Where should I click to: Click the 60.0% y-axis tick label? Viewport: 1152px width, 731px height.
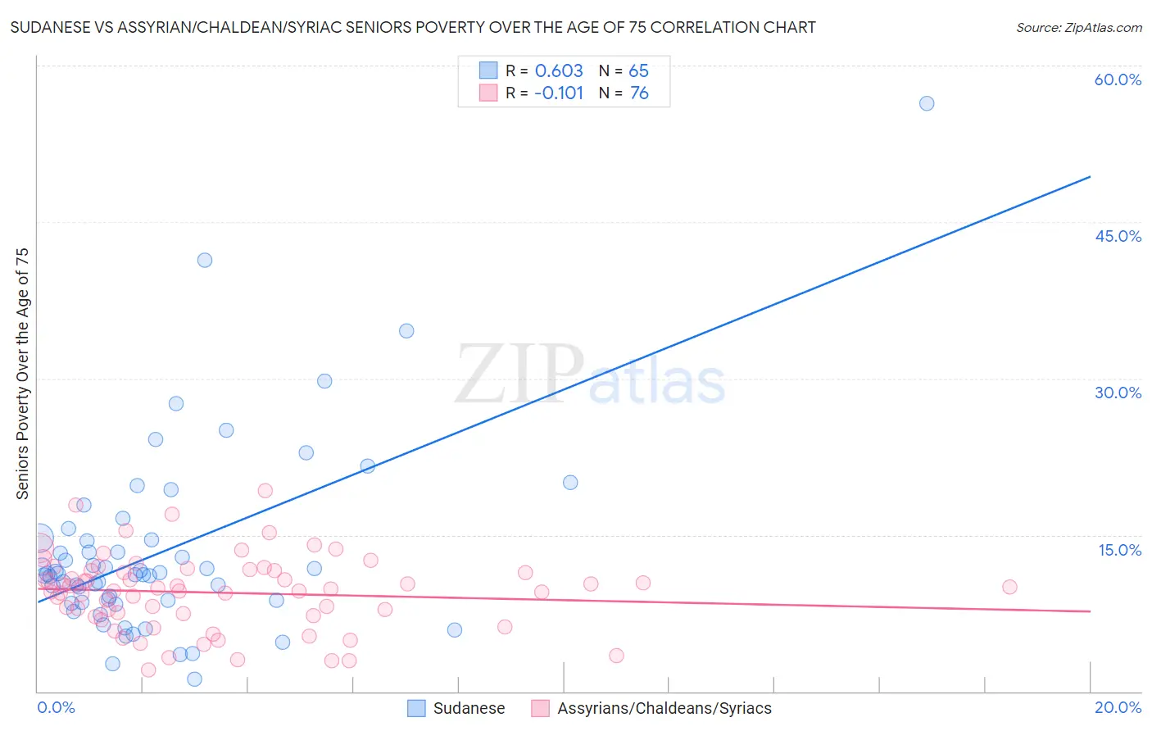(x=1118, y=79)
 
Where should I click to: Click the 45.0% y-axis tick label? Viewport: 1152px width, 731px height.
(x=1118, y=236)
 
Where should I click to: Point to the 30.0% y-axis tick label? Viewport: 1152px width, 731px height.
(x=1118, y=393)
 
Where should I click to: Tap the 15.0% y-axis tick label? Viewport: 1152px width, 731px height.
(x=1119, y=550)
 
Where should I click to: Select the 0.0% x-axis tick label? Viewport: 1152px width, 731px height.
(x=56, y=707)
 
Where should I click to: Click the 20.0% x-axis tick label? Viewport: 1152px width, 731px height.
(x=1118, y=707)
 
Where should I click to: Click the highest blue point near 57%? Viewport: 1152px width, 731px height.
(x=927, y=103)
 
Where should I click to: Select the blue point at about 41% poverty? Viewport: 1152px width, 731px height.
(x=205, y=260)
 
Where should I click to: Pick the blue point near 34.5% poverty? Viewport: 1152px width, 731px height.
(x=406, y=331)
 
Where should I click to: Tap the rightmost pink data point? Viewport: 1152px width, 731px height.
(x=1009, y=587)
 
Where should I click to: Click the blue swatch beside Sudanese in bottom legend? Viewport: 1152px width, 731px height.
(x=416, y=708)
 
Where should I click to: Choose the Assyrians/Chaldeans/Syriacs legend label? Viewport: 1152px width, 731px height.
(x=664, y=708)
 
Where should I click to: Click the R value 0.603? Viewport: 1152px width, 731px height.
(x=559, y=70)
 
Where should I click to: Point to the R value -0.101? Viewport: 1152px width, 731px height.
(x=559, y=93)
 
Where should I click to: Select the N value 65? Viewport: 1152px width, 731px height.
(x=639, y=70)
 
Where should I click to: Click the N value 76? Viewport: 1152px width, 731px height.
(x=639, y=93)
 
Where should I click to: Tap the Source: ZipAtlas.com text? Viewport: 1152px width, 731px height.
(x=1078, y=27)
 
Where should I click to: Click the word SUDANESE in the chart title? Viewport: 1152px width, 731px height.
(x=48, y=27)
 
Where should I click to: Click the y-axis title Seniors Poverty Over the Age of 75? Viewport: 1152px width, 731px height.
(x=22, y=374)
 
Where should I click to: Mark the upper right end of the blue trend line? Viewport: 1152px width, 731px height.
(x=1090, y=176)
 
